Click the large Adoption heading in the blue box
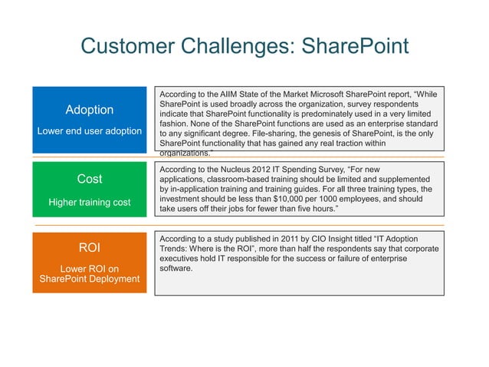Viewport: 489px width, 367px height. tap(90, 110)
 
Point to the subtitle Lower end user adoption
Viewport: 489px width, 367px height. tap(90, 131)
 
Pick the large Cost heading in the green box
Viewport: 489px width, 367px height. tap(90, 179)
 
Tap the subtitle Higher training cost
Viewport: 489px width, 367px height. tap(90, 203)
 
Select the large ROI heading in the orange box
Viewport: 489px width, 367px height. tap(90, 248)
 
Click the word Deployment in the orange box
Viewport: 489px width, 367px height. tap(112, 278)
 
